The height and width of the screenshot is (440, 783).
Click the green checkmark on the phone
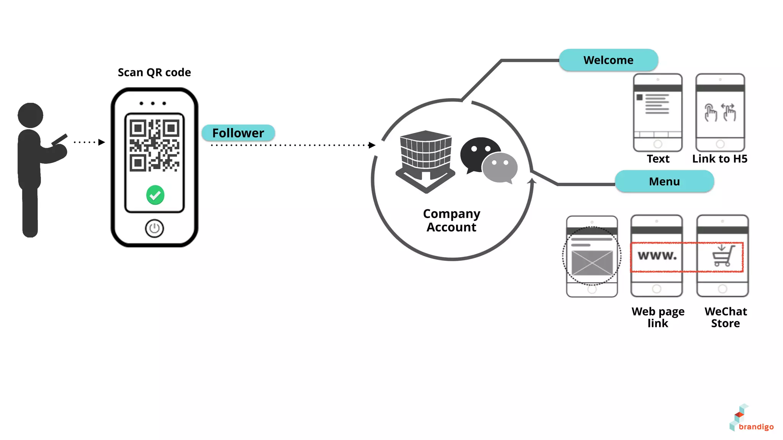(x=155, y=195)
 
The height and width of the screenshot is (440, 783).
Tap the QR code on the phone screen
(x=154, y=145)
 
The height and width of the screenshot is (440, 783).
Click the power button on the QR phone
(x=154, y=228)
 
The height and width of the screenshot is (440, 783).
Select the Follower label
(x=238, y=133)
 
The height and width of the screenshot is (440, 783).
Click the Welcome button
(x=608, y=60)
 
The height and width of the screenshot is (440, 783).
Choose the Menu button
(x=664, y=181)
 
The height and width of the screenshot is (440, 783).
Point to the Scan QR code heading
(x=154, y=72)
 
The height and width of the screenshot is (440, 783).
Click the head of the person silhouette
(x=30, y=115)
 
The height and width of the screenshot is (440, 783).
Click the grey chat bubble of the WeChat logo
(x=500, y=167)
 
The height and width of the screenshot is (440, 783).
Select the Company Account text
(x=452, y=220)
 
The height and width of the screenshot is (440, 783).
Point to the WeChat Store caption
(x=726, y=317)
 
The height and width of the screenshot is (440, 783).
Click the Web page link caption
(x=658, y=317)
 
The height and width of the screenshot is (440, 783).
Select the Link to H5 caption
(x=720, y=159)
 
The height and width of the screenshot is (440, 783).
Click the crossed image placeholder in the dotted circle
(x=592, y=263)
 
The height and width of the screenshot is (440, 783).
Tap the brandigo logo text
(x=756, y=427)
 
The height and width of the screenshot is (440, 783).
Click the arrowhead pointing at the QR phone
(x=101, y=142)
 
